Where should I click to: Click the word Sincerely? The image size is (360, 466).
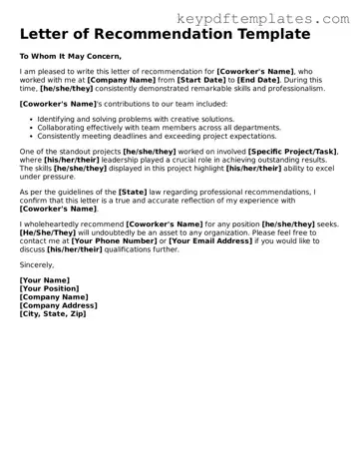[x=38, y=265]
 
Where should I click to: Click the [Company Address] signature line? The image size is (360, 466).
[x=58, y=305]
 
